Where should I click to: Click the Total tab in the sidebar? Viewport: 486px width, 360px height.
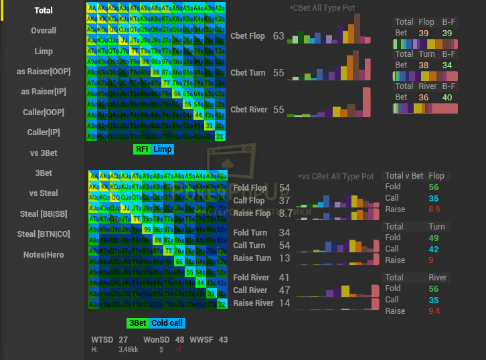[x=44, y=11]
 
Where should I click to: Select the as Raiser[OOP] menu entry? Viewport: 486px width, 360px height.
[x=44, y=72]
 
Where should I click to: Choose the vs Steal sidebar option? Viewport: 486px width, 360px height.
[x=44, y=193]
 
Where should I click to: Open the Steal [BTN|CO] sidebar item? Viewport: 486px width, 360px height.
[x=44, y=234]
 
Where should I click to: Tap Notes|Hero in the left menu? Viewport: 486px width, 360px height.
[x=44, y=254]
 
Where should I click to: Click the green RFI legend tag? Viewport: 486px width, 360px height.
[x=142, y=149]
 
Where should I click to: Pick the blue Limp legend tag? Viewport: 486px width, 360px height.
[x=162, y=149]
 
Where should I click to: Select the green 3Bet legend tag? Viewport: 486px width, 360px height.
[x=137, y=323]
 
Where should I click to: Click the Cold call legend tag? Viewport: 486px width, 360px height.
[x=168, y=323]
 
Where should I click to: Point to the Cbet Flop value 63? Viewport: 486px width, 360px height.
[x=278, y=36]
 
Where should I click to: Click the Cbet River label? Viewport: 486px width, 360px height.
[x=248, y=110]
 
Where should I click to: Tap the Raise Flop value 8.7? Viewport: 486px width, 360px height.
[x=285, y=213]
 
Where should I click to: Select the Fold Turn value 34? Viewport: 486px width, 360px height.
[x=285, y=233]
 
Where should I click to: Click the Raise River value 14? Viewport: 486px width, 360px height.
[x=285, y=303]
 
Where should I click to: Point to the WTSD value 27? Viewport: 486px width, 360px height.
[x=123, y=340]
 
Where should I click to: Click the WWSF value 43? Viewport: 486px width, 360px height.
[x=223, y=340]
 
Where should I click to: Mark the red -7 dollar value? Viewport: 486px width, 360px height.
[x=178, y=349]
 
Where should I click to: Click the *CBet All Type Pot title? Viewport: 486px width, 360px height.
[x=322, y=8]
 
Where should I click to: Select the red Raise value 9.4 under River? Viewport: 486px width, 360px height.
[x=433, y=311]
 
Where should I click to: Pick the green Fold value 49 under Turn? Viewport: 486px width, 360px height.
[x=434, y=238]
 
